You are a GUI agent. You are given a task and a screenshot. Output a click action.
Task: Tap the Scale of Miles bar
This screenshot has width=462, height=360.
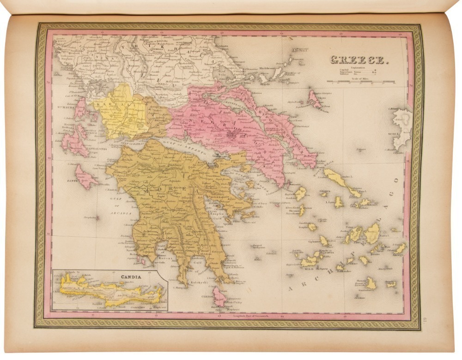click(x=361, y=82)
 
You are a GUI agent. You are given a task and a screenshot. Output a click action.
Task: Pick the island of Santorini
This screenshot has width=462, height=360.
click(x=370, y=283)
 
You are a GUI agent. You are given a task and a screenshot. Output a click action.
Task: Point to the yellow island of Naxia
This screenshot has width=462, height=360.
click(x=372, y=233)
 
